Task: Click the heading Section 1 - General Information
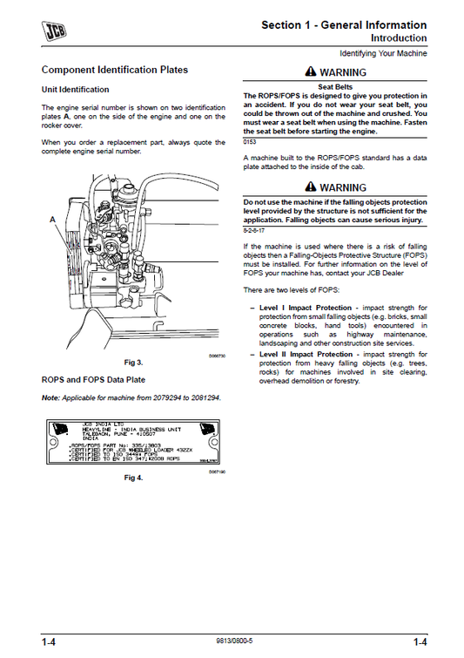(344, 25)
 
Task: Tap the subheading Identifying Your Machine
(383, 54)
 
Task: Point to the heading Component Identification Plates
(114, 69)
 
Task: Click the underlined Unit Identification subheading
(76, 89)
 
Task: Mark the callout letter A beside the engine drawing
(52, 220)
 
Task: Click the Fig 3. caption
(133, 362)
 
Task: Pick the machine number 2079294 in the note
(161, 397)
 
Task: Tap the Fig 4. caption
(133, 478)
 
